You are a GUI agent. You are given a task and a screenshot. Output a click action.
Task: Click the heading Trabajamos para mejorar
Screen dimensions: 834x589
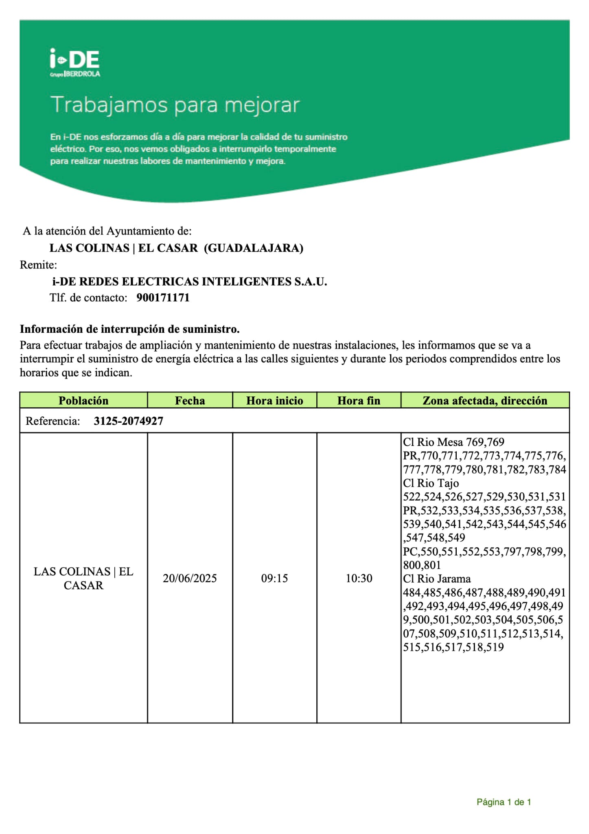(x=175, y=105)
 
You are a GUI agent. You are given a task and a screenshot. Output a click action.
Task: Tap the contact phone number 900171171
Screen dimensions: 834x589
(x=163, y=298)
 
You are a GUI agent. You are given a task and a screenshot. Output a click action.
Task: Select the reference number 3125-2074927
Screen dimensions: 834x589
(x=128, y=421)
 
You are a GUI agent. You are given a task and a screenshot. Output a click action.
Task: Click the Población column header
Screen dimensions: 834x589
(x=83, y=401)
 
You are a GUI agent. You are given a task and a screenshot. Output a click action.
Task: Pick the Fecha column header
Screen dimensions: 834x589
(x=190, y=401)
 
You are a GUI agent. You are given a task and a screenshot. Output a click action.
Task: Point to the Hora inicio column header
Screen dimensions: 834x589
(x=274, y=401)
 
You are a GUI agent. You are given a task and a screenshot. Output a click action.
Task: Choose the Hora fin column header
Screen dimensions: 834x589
(x=359, y=401)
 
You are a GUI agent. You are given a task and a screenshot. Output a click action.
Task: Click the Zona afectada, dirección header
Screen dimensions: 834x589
(x=485, y=401)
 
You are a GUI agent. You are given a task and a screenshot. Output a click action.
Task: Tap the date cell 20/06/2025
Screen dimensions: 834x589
(x=190, y=578)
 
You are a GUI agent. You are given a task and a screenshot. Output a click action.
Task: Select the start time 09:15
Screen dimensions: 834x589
(x=274, y=578)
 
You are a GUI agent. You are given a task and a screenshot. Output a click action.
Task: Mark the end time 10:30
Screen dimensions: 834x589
(x=359, y=578)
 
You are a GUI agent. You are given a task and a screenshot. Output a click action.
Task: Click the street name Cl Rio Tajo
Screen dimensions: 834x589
(x=431, y=483)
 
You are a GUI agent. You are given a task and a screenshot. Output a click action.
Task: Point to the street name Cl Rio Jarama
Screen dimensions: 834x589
(x=437, y=579)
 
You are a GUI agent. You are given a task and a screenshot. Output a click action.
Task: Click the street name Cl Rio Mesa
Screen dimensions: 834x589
(x=433, y=442)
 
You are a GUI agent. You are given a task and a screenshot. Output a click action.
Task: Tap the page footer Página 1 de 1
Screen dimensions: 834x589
(x=504, y=802)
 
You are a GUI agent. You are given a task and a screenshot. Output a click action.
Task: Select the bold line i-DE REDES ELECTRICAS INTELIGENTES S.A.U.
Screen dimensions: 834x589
(x=190, y=281)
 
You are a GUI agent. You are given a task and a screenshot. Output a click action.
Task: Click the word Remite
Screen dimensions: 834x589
(x=38, y=265)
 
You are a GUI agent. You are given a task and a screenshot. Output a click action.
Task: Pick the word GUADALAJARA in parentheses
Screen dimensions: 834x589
(x=253, y=248)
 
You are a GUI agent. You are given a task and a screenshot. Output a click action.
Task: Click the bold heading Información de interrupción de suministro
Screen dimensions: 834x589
(x=129, y=329)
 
